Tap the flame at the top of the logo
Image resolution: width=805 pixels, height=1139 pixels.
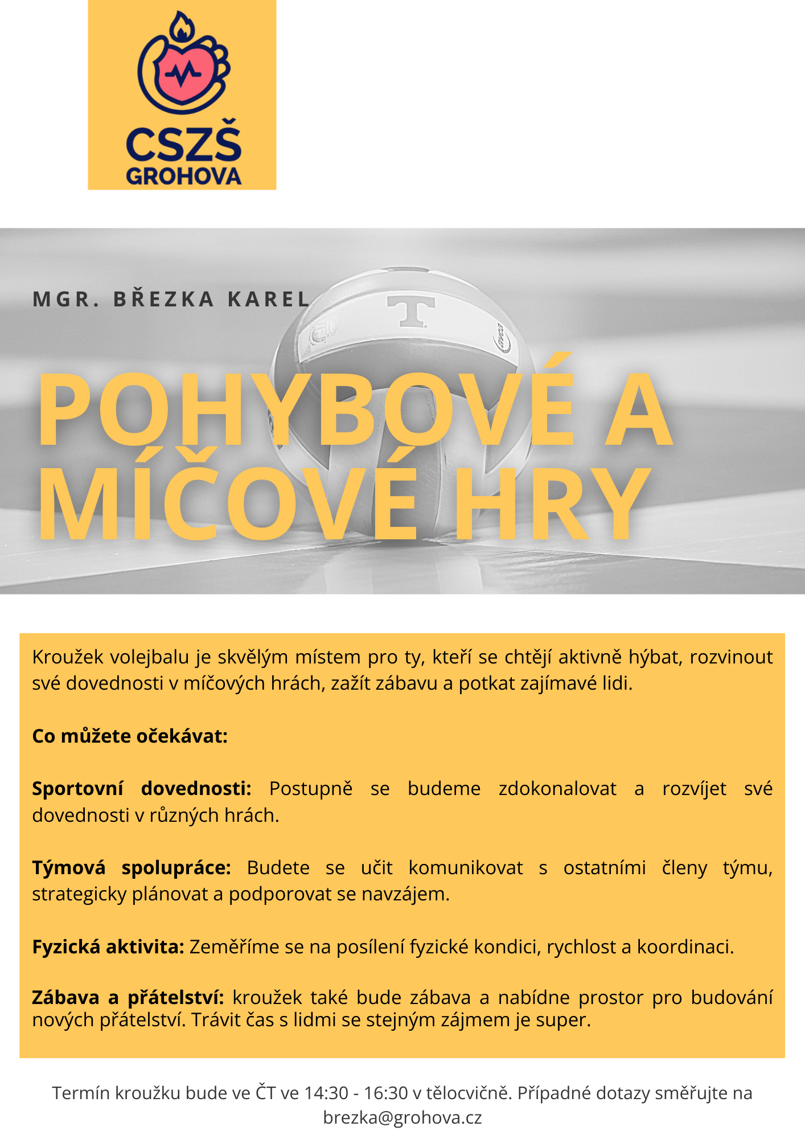pyautogui.click(x=182, y=27)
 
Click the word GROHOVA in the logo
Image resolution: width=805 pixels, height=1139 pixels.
pyautogui.click(x=183, y=176)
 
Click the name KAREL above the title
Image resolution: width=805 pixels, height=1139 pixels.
pyautogui.click(x=269, y=299)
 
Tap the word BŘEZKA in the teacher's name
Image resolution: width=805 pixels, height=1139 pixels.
pyautogui.click(x=164, y=299)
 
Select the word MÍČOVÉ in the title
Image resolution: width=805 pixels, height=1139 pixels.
pyautogui.click(x=228, y=504)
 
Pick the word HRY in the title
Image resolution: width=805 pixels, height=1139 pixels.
pyautogui.click(x=551, y=504)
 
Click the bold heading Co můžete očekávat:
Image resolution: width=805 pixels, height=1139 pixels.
pyautogui.click(x=130, y=736)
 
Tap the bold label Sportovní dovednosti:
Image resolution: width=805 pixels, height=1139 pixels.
pyautogui.click(x=142, y=789)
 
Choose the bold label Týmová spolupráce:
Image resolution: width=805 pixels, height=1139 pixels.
pyautogui.click(x=132, y=867)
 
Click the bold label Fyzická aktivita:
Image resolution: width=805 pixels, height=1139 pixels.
pyautogui.click(x=108, y=947)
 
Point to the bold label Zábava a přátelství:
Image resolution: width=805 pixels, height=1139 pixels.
pyautogui.click(x=128, y=997)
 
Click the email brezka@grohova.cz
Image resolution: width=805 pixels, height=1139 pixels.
pyautogui.click(x=402, y=1117)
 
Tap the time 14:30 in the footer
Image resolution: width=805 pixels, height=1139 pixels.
pyautogui.click(x=326, y=1093)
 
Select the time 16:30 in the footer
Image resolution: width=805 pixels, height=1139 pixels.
pyautogui.click(x=385, y=1093)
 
